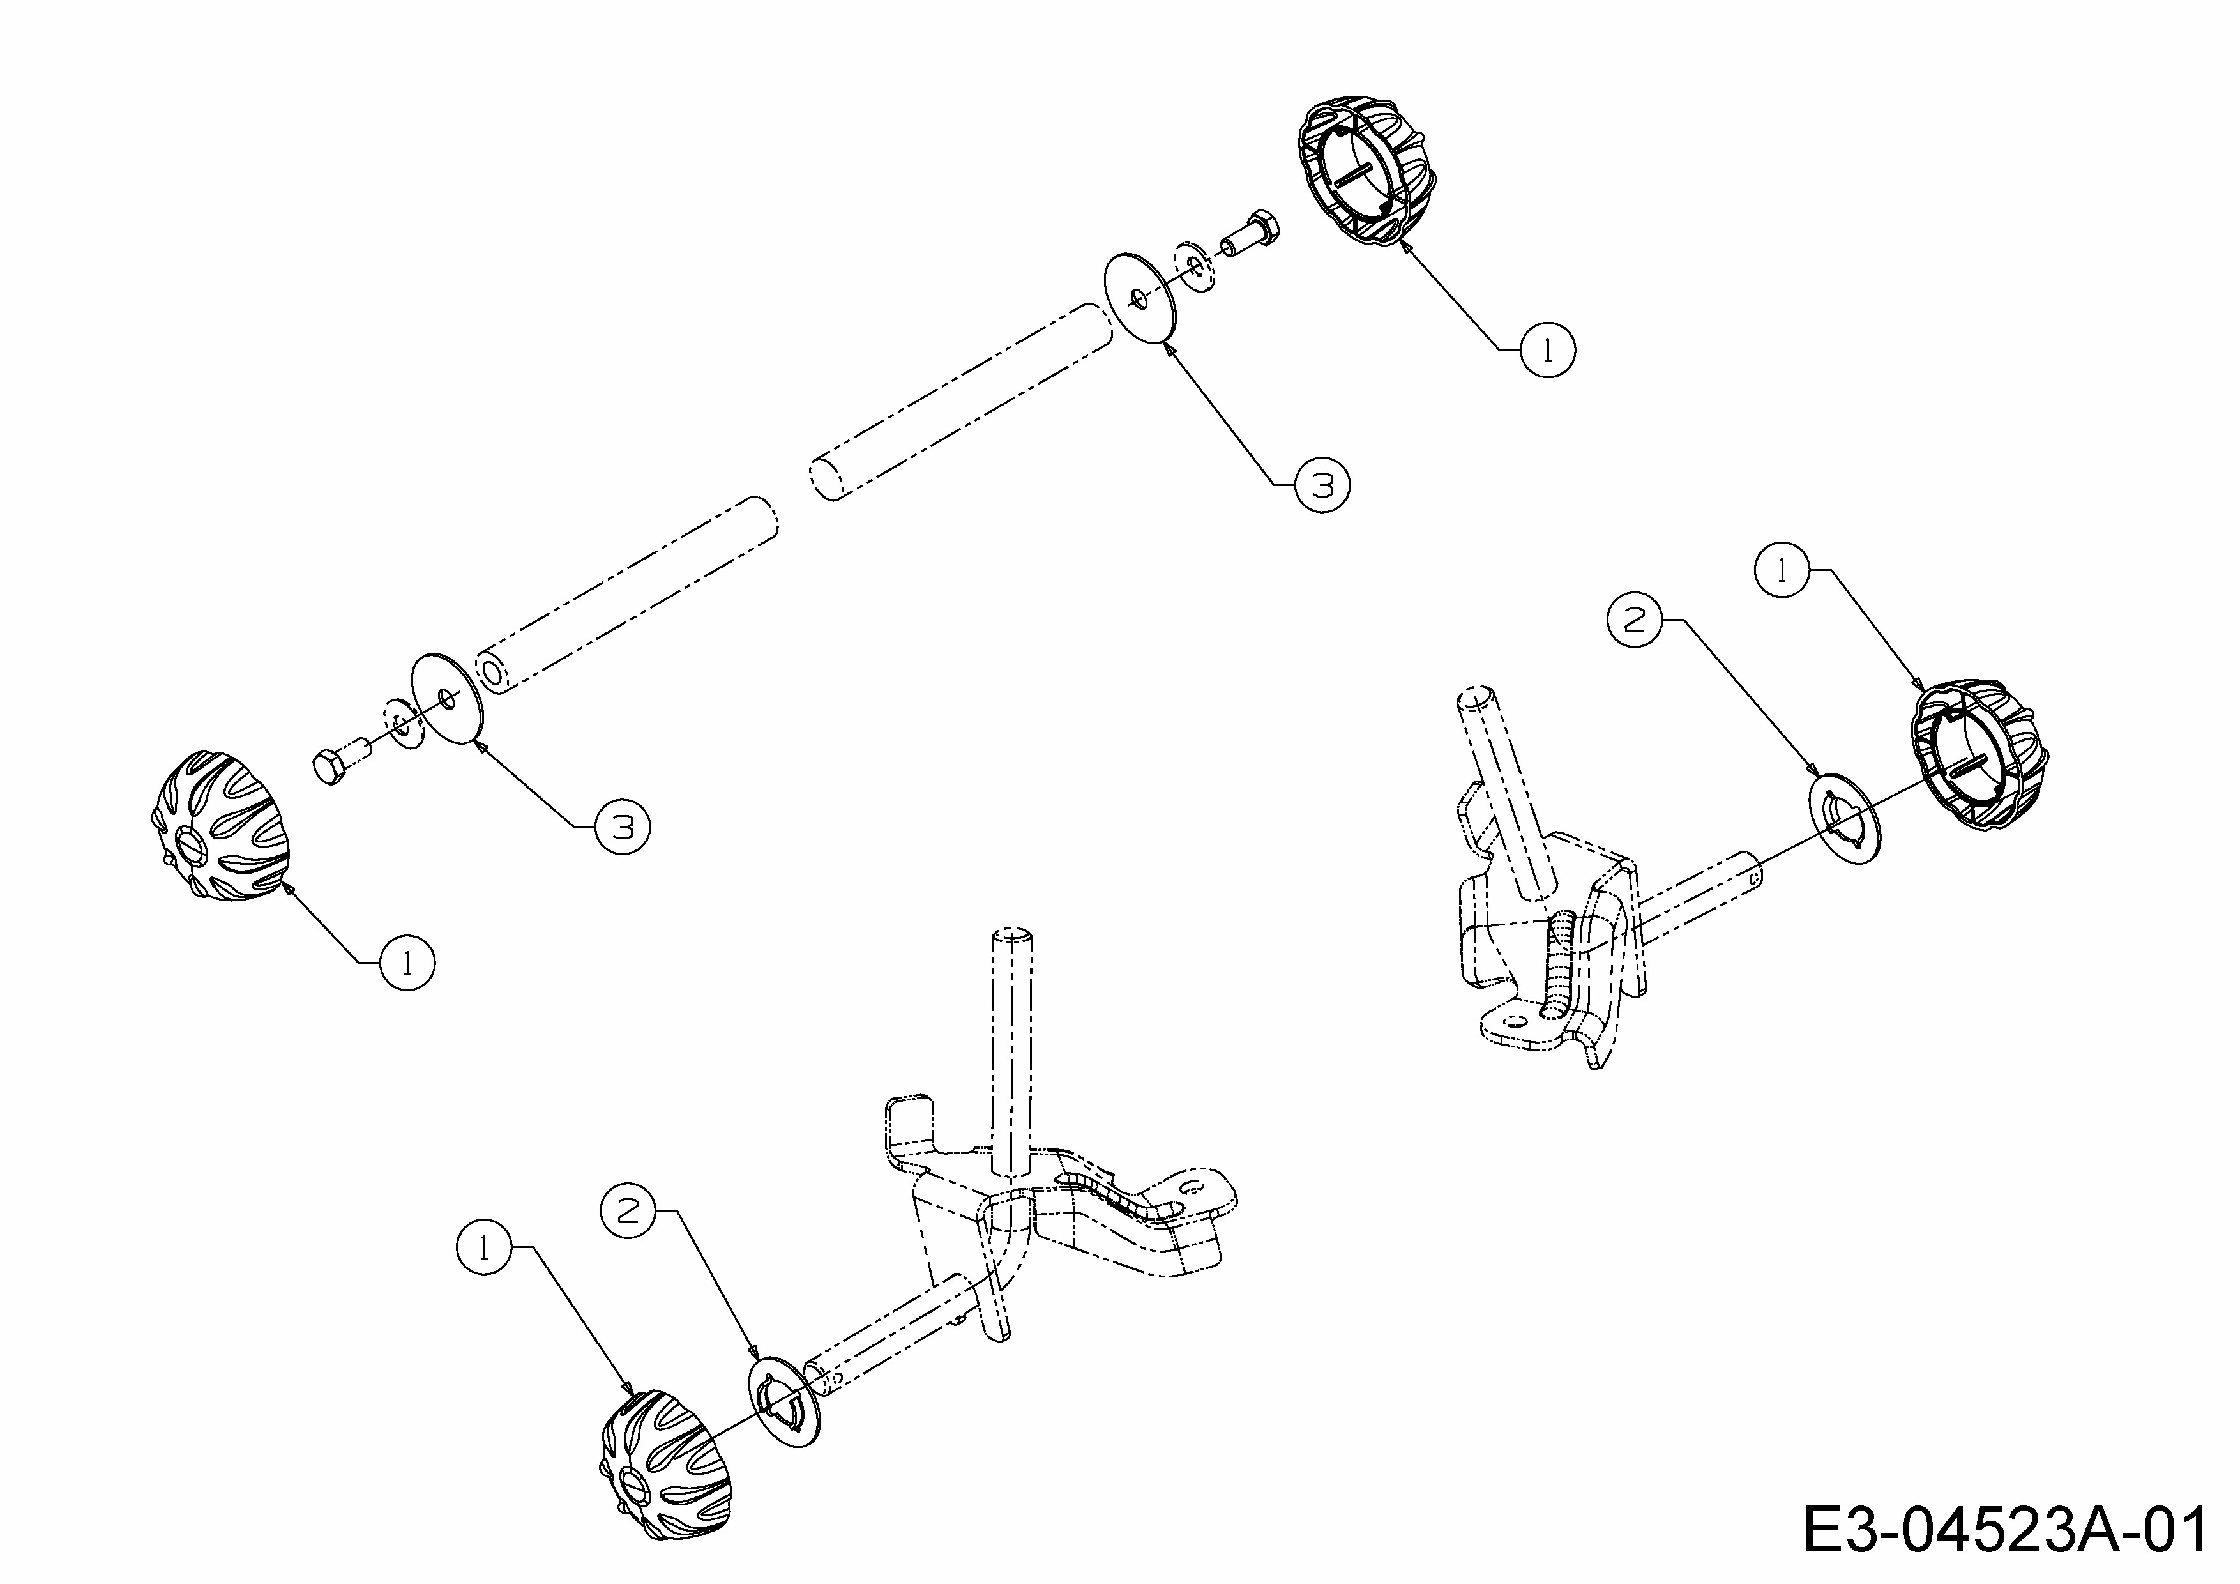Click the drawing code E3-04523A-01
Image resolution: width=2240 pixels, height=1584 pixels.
coord(2005,1531)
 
